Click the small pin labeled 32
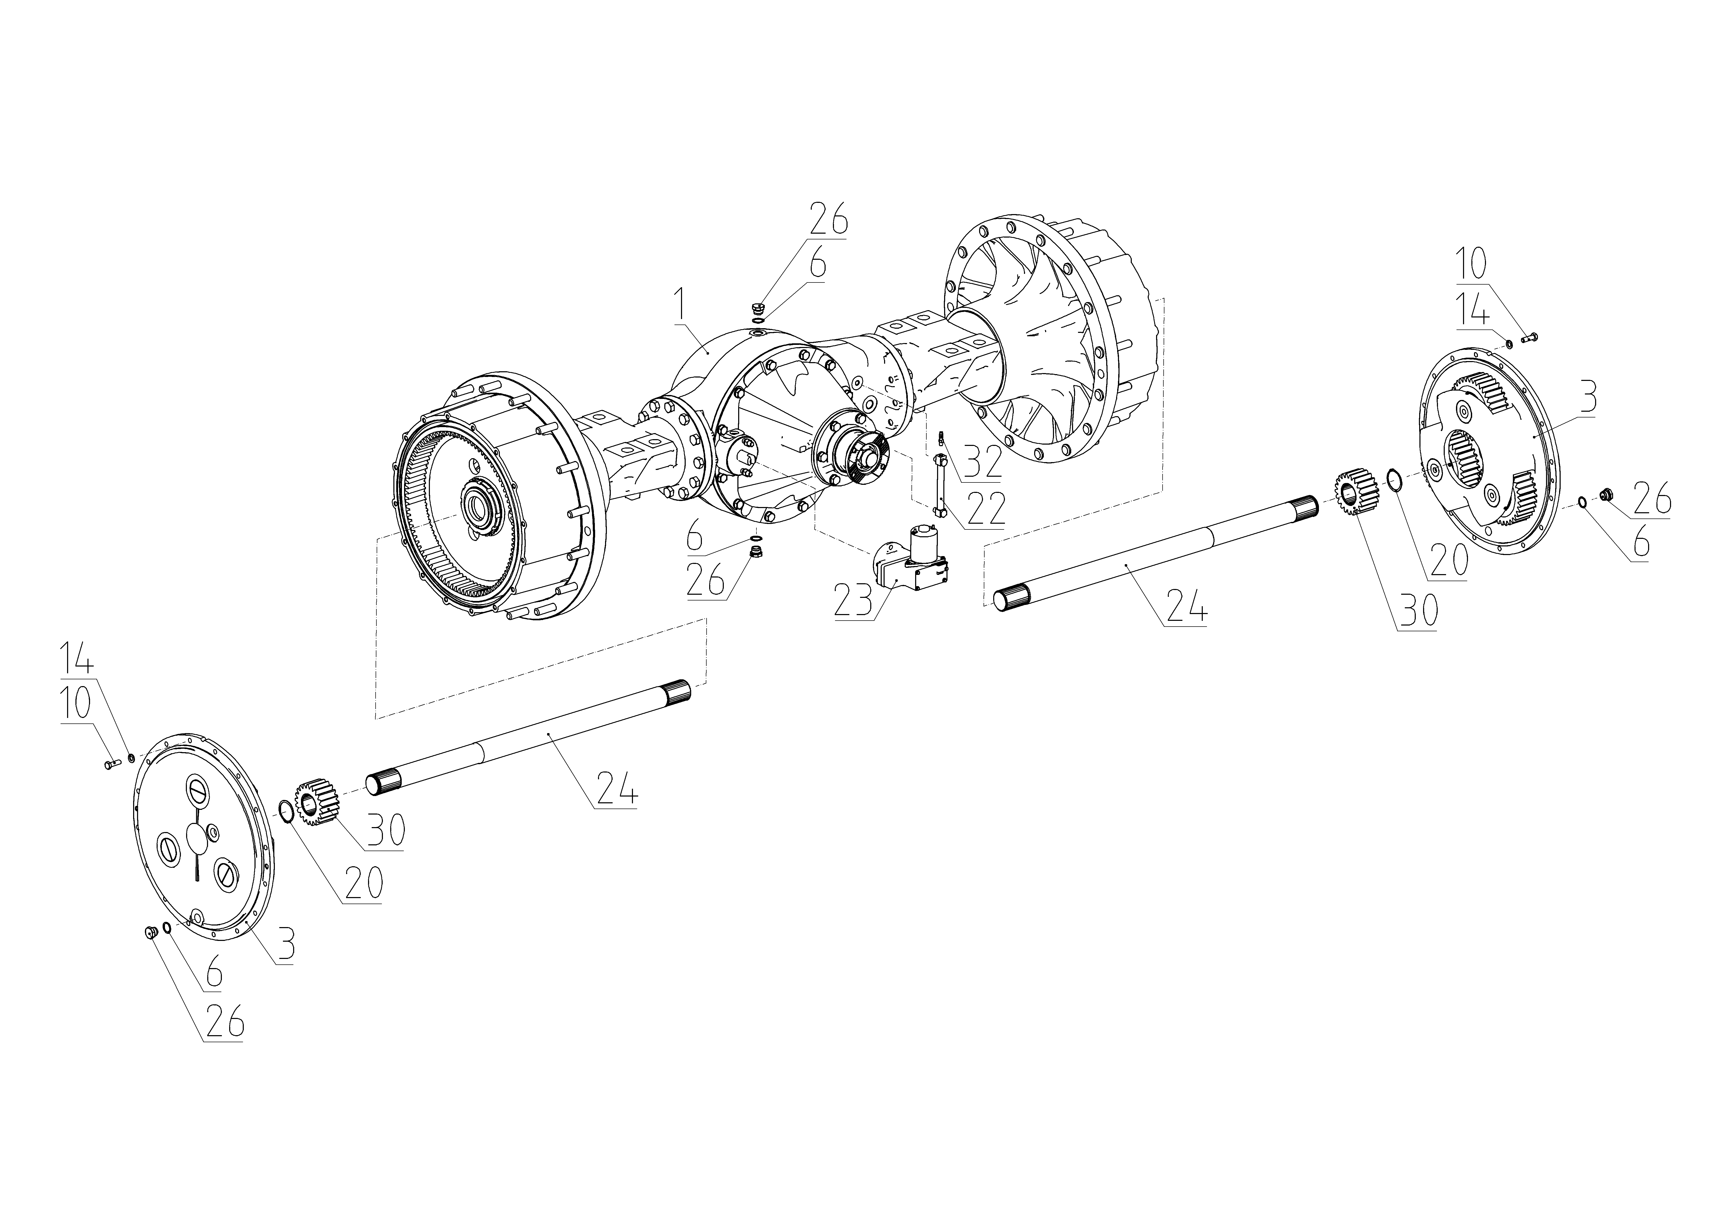pos(940,438)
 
